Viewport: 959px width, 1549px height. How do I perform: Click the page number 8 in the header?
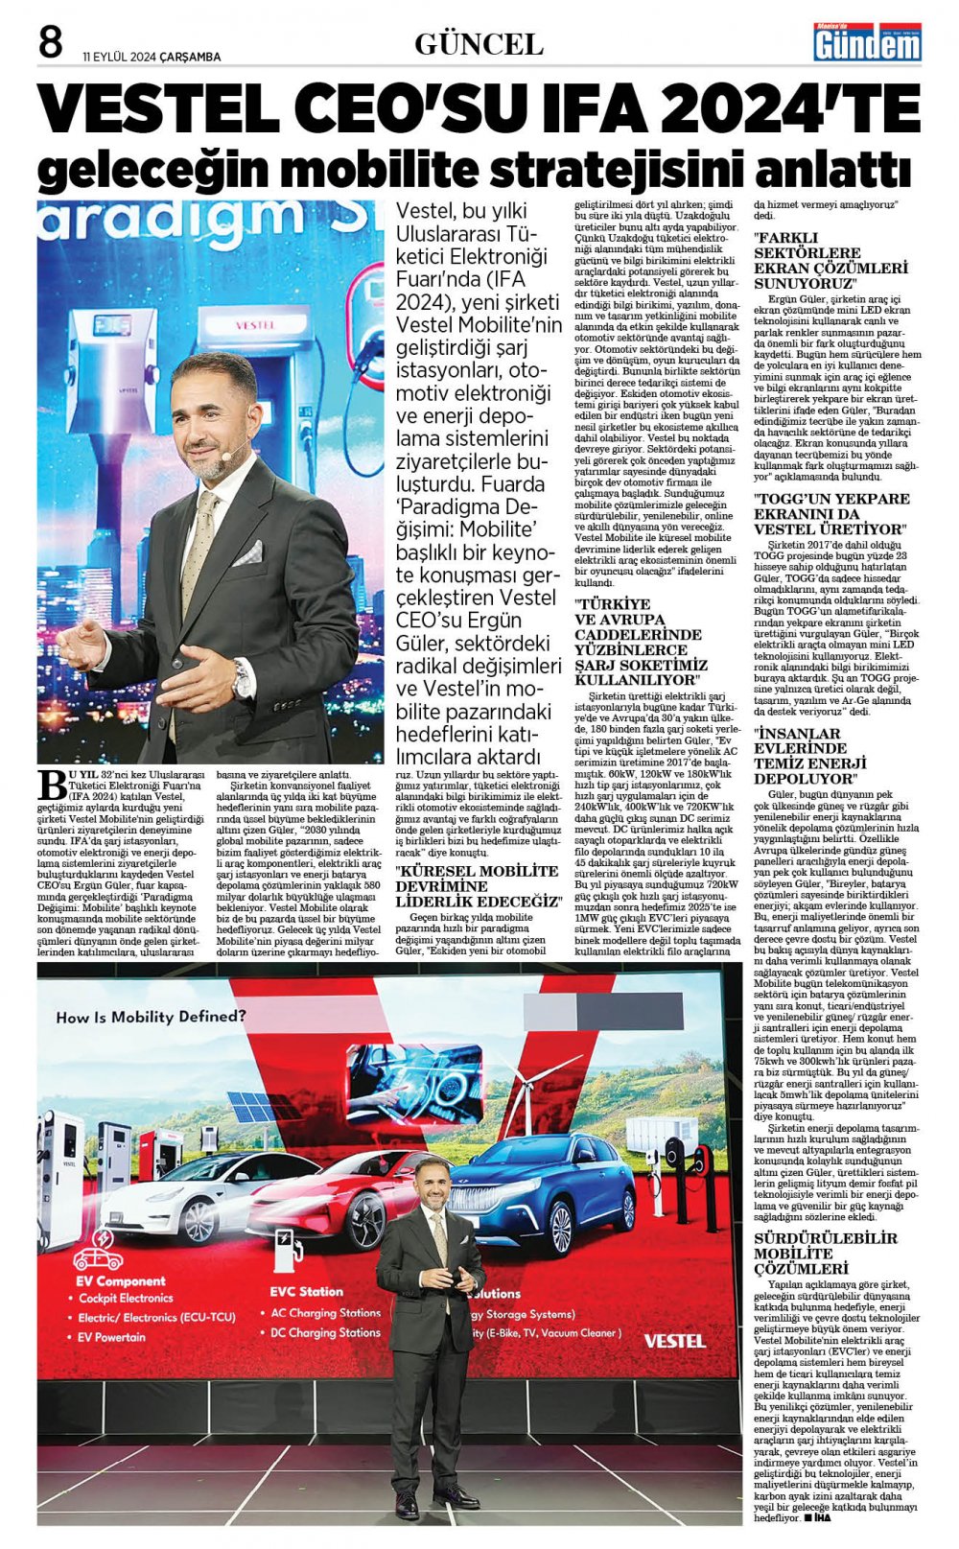click(50, 42)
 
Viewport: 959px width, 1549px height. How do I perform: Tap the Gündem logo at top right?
click(867, 42)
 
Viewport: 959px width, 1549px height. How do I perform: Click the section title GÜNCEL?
click(479, 44)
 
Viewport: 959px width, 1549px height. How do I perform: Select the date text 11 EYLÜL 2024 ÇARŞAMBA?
click(152, 57)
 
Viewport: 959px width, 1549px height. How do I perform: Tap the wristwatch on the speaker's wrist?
click(243, 679)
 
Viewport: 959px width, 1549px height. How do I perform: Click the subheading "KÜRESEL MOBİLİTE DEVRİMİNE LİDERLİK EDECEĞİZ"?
click(477, 885)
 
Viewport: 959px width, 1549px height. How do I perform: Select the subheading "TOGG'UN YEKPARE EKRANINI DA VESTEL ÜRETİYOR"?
click(831, 513)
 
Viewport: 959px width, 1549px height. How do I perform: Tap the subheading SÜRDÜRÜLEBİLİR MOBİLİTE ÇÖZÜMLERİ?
click(826, 1253)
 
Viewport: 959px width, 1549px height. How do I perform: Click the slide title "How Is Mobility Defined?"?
click(151, 1016)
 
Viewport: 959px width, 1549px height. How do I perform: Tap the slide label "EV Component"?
click(121, 1280)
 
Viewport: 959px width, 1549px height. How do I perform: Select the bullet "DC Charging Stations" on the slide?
click(325, 1332)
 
